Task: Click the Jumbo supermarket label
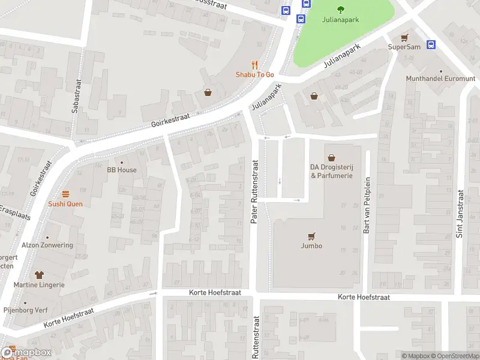[311, 245]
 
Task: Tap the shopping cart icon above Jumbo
[311, 236]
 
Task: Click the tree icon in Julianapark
[341, 8]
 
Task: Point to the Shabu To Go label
[254, 74]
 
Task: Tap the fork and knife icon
[254, 65]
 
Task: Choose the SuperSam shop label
[404, 46]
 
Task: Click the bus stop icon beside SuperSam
[431, 44]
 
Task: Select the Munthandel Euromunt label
[440, 79]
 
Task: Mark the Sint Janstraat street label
[460, 214]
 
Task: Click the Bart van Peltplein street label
[367, 209]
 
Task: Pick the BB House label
[122, 170]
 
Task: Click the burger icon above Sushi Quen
[65, 194]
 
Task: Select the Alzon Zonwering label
[47, 245]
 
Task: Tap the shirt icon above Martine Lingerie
[40, 275]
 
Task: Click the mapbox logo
[26, 353]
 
